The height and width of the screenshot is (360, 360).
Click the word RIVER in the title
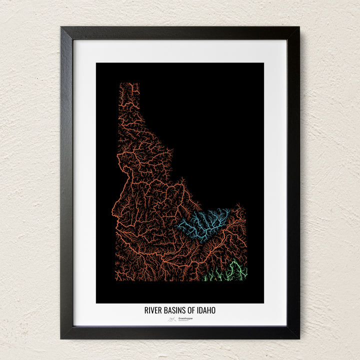tap(152, 310)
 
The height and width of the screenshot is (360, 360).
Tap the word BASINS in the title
tap(173, 310)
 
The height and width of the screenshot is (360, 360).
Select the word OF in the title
tap(189, 310)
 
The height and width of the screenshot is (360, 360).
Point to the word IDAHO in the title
tap(205, 310)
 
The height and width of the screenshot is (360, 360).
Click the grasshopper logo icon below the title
tap(172, 318)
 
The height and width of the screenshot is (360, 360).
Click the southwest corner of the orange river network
tap(118, 279)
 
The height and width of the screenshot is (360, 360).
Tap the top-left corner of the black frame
tap(61, 27)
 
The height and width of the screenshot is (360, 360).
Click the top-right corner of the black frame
tap(298, 27)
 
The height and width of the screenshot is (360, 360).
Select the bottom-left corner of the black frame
tap(61, 338)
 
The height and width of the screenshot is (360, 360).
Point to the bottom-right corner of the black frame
tap(298, 338)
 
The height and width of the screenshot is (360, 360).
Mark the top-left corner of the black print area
tap(96, 63)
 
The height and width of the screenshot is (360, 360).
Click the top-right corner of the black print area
tap(263, 63)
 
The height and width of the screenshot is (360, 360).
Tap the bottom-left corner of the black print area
tap(96, 302)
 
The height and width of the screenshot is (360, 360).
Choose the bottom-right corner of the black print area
tap(263, 302)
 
